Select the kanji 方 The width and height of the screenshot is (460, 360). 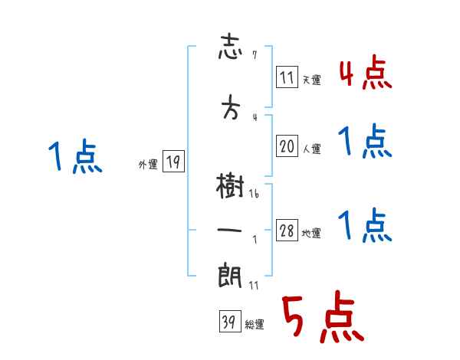(x=231, y=109)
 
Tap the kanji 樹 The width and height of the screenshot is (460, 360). (x=230, y=185)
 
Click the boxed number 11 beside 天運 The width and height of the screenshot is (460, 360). (x=287, y=77)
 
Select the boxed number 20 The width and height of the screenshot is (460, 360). (x=287, y=147)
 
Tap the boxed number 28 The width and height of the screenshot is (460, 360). (x=287, y=231)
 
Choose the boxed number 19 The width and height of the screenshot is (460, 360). (x=173, y=162)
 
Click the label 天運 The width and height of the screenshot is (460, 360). (x=311, y=80)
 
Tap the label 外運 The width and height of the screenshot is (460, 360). (x=148, y=164)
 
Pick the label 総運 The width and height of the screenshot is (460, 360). (x=254, y=324)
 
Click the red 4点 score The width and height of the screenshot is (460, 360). (x=365, y=74)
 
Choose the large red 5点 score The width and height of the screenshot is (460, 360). (x=321, y=318)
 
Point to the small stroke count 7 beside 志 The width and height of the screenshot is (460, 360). (x=254, y=55)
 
